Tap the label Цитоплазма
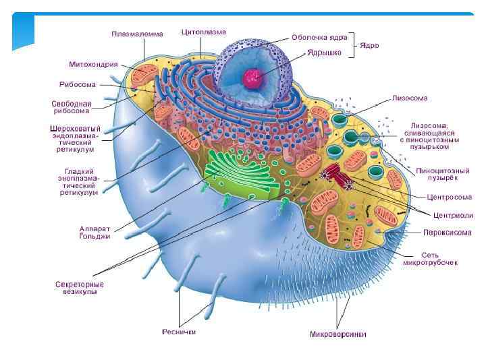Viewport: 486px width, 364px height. [203, 32]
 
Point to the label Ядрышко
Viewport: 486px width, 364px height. [323, 51]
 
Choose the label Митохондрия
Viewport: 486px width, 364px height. [94, 65]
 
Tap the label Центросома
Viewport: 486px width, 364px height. [449, 198]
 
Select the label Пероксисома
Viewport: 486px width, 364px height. [446, 233]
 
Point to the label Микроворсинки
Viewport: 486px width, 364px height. [338, 334]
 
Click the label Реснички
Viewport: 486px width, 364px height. [179, 332]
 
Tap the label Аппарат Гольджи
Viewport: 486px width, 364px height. [95, 233]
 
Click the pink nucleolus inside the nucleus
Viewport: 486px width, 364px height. [253, 79]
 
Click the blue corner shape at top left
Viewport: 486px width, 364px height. [23, 30]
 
